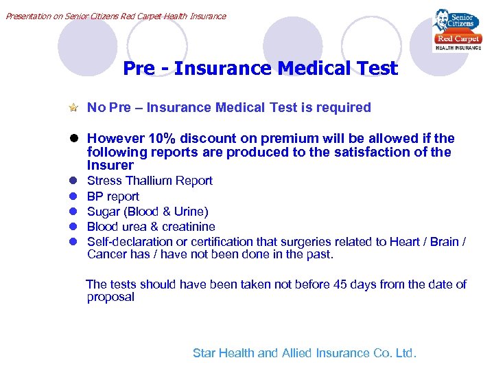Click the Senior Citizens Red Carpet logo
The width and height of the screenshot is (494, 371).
coord(456,30)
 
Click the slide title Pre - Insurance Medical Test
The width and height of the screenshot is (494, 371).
coord(260,69)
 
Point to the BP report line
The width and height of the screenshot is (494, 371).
coord(113,196)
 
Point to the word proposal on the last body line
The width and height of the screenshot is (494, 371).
coord(110,297)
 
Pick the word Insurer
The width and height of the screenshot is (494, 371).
coord(110,165)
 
